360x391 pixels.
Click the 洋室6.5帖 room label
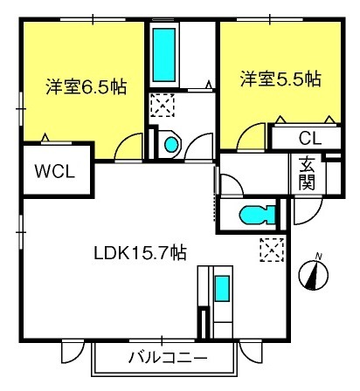point(87,86)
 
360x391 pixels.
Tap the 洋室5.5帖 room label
point(280,79)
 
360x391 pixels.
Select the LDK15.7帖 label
point(140,253)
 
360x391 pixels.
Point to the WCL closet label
point(55,172)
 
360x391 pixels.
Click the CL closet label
point(310,138)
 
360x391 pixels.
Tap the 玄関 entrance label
point(307,173)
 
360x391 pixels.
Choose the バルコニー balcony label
point(168,358)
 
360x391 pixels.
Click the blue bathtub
point(164,55)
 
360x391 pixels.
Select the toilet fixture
point(257,216)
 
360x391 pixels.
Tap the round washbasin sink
point(171,145)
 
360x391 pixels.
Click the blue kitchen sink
point(222,288)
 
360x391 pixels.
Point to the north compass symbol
point(314,275)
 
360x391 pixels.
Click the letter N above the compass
point(319,257)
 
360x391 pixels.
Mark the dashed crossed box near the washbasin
point(163,105)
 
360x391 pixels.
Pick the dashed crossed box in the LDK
point(272,250)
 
